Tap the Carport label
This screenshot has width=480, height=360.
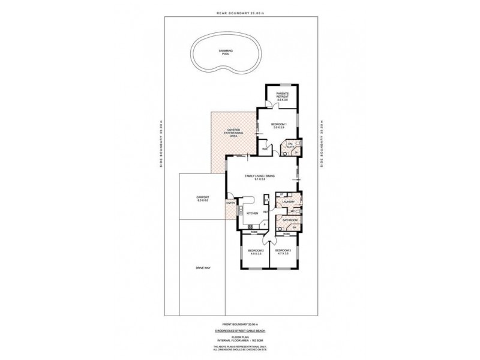tap(202, 199)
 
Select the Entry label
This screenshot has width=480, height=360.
tap(230, 203)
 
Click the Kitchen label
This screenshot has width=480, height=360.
tap(253, 213)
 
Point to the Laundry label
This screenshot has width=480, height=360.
tap(286, 203)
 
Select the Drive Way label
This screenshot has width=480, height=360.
tap(202, 268)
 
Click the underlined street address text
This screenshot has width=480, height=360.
tap(239, 329)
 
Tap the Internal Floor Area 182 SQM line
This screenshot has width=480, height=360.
tap(239, 340)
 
